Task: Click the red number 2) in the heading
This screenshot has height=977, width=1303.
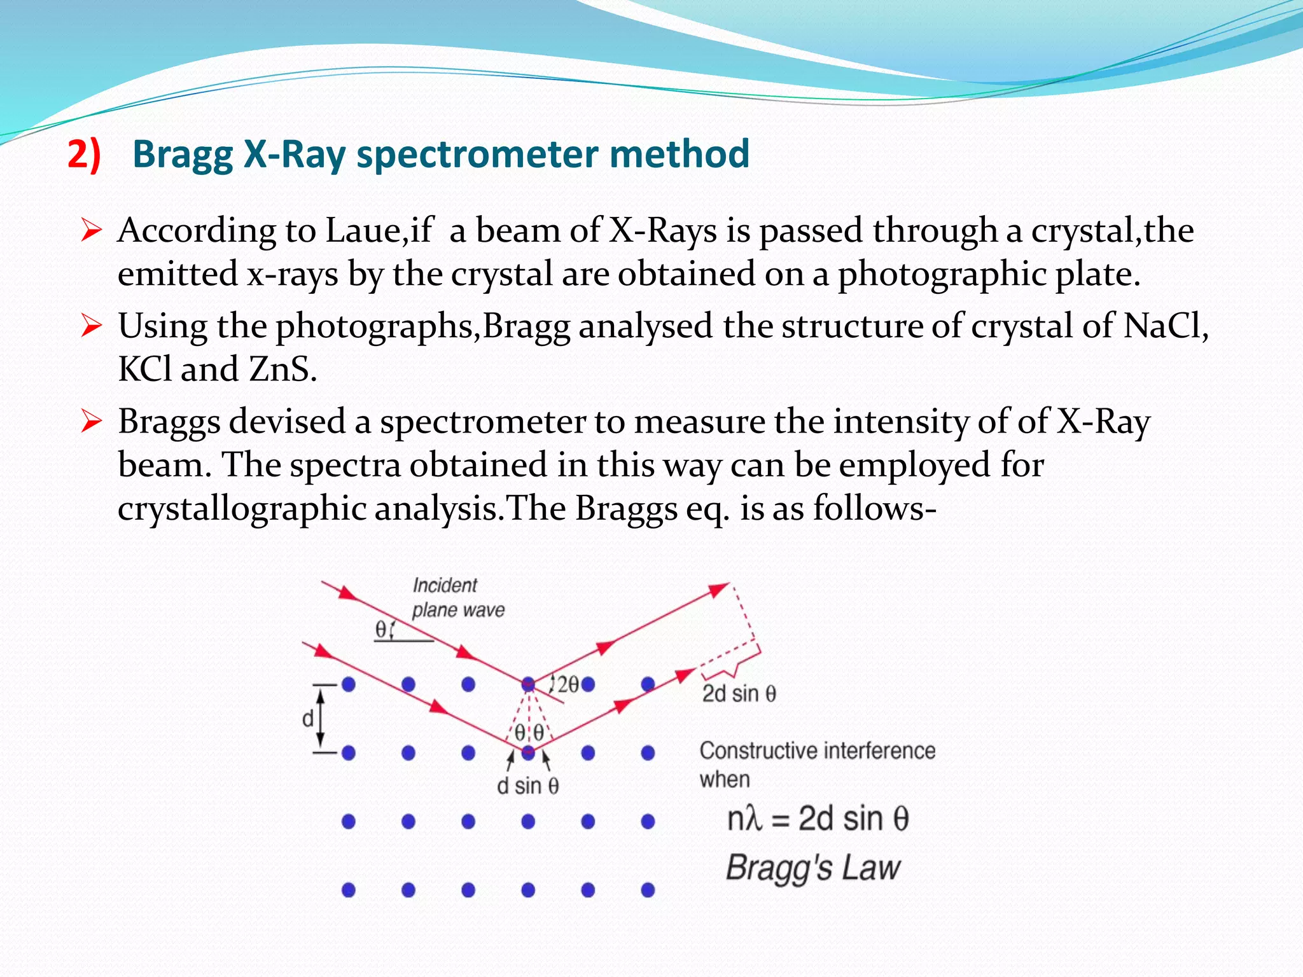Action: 84,155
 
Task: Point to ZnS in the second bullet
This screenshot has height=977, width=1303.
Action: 282,369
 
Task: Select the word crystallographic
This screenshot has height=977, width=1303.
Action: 242,509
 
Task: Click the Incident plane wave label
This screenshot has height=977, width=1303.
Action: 457,597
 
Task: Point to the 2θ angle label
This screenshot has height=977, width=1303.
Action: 568,684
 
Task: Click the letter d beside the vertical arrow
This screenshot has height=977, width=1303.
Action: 308,719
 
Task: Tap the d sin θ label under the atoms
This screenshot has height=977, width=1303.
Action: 527,786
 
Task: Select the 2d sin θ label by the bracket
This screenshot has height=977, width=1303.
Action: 739,693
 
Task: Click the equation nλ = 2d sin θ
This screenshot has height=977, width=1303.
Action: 818,819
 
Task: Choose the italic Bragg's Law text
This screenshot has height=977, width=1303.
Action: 813,868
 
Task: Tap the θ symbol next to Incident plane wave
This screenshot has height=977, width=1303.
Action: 380,630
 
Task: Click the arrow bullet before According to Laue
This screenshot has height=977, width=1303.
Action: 92,231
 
